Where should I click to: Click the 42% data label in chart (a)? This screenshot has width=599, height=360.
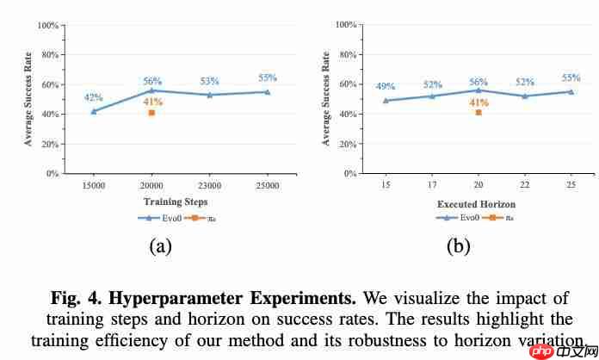[x=93, y=97]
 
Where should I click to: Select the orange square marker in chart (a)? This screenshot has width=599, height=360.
[x=151, y=113]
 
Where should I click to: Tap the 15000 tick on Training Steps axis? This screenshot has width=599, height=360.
[x=94, y=184]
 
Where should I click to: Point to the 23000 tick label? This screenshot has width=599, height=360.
[x=210, y=184]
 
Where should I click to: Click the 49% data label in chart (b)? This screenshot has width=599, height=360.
[x=385, y=87]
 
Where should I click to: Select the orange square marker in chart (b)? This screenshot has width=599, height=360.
[x=479, y=113]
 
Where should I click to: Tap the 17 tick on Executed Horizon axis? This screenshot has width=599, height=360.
[x=432, y=184]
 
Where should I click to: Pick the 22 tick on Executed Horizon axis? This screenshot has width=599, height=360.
[x=525, y=184]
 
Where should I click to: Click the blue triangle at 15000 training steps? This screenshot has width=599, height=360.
[x=94, y=111]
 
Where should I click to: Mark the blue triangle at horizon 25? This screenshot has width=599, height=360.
[x=571, y=91]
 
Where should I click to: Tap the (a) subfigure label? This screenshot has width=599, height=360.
[x=160, y=247]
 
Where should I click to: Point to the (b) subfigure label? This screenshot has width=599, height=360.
[x=457, y=247]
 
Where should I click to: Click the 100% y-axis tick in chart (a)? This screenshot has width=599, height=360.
[x=47, y=25]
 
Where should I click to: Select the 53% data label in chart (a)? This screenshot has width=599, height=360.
[x=210, y=82]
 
